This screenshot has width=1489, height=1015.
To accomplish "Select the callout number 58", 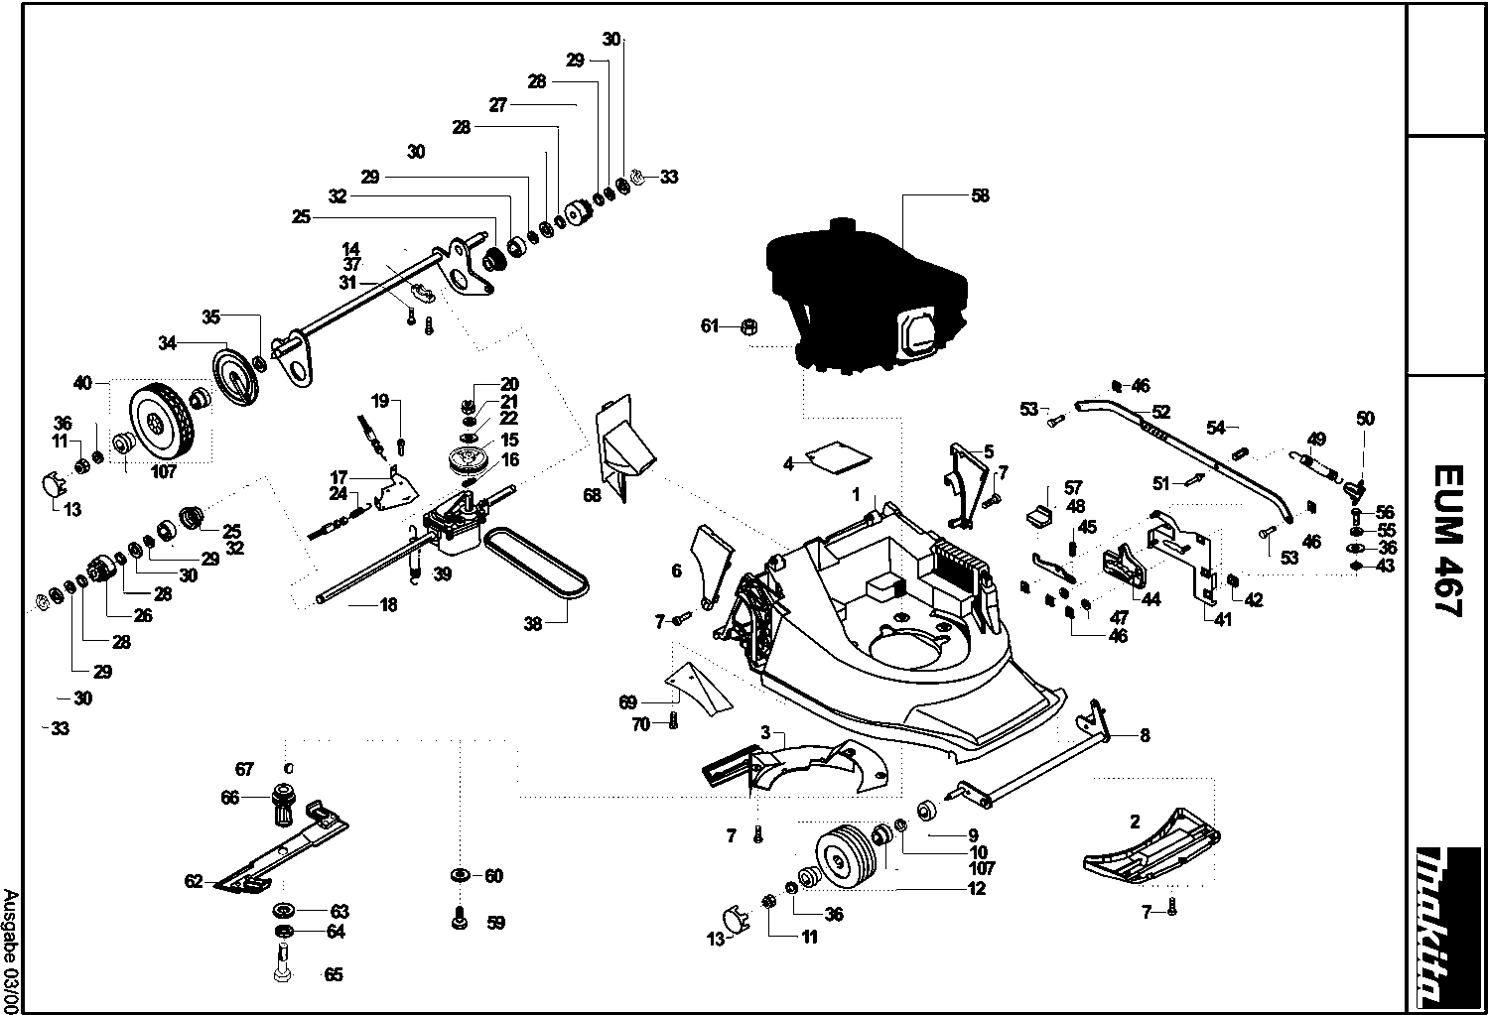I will coord(980,196).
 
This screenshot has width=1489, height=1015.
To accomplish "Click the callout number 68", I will coord(593,495).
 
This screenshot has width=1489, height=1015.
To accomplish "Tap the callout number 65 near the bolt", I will coord(334,975).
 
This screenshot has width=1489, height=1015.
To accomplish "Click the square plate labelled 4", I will coord(839,455).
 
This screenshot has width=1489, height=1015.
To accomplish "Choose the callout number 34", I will coord(167,343).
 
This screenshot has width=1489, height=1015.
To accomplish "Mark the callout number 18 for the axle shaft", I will coord(388,604).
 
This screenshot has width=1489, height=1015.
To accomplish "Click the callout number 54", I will coord(1216,427).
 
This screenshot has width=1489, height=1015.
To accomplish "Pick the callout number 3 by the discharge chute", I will coord(765,733).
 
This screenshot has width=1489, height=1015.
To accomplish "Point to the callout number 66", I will coord(230,797).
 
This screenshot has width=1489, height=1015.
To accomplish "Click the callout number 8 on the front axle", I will coord(1145,735).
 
